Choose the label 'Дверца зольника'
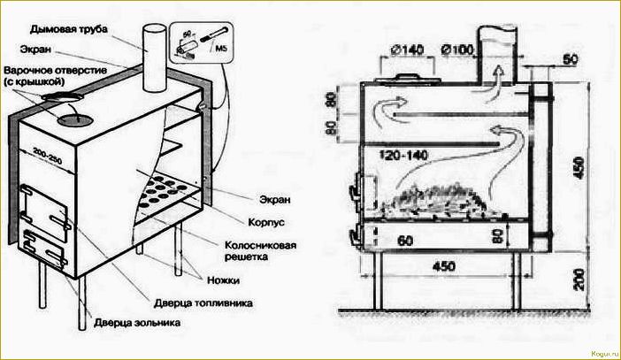142,324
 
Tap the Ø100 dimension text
459,50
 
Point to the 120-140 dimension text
404,154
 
